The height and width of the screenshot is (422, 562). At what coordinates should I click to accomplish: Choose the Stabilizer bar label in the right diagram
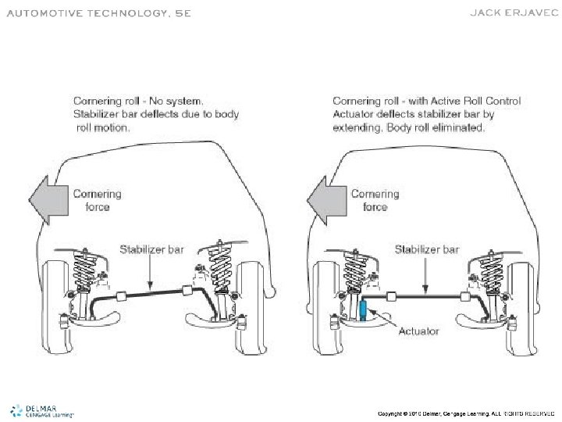point(426,250)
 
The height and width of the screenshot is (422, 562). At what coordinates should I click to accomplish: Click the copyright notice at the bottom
point(465,412)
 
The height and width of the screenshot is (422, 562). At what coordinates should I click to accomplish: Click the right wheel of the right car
point(528,300)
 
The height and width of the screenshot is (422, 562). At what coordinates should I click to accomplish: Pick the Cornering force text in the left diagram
point(97,200)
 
